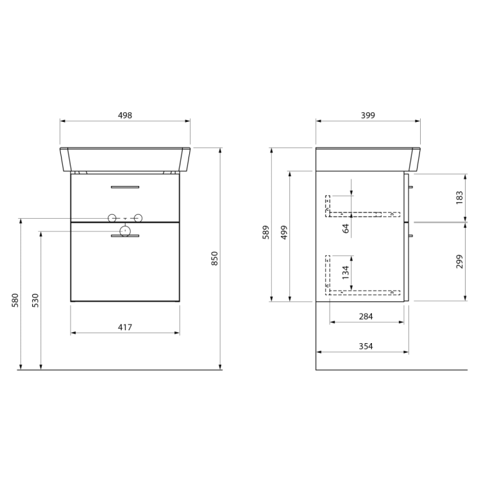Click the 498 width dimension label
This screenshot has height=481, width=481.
coord(125,115)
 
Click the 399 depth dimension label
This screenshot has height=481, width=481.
coord(368,115)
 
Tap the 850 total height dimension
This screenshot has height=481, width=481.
coord(214,258)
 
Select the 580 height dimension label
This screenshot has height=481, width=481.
coord(15,300)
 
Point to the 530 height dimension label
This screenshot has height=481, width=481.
coord(35,300)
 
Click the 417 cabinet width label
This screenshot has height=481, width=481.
coord(125,327)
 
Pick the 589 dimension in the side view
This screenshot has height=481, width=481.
coord(266,232)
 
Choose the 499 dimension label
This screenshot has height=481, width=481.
coord(284,232)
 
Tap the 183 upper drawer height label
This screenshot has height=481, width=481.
coord(459,198)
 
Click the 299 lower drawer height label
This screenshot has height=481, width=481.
coord(459,262)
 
